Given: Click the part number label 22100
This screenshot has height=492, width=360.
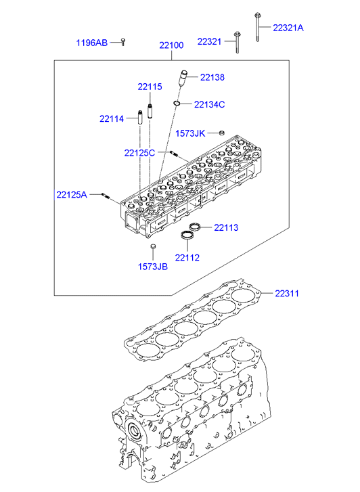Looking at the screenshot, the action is [x=171, y=45].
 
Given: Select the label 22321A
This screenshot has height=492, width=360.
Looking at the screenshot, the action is [x=288, y=28].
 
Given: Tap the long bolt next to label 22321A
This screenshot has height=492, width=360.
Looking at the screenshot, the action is [x=258, y=27].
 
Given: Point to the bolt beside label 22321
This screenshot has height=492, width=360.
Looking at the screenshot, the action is [x=237, y=43].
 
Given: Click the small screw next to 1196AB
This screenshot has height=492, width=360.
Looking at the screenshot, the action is [x=123, y=42].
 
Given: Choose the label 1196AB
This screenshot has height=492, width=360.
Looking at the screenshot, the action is [x=92, y=43].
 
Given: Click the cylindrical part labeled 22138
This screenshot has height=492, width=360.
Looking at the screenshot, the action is [x=182, y=78].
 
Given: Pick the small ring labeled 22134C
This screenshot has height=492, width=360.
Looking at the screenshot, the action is [x=177, y=103].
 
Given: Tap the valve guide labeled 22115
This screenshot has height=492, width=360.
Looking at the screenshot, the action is [x=150, y=111].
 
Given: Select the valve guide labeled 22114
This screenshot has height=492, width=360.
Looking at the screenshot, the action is [x=139, y=117].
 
